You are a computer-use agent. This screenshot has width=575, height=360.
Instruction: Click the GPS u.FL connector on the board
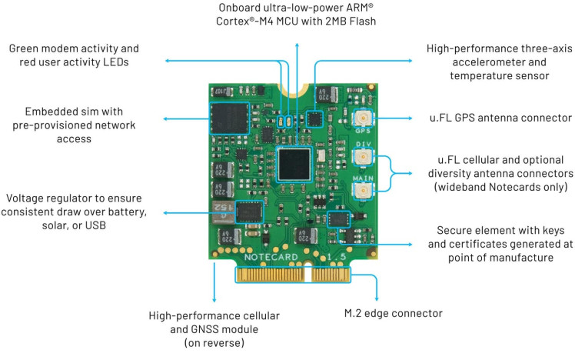pos(362,118)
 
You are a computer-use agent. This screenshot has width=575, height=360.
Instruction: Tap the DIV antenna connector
pos(362,157)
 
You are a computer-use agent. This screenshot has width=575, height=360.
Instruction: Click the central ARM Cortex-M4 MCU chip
pos(295,164)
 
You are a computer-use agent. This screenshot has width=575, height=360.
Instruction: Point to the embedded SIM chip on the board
pos(230,121)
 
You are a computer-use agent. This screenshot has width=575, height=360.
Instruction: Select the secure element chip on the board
pos(337,220)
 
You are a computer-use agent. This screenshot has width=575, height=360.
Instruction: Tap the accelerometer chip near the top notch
pos(314,118)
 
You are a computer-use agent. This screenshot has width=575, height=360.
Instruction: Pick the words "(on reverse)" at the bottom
pos(213,343)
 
